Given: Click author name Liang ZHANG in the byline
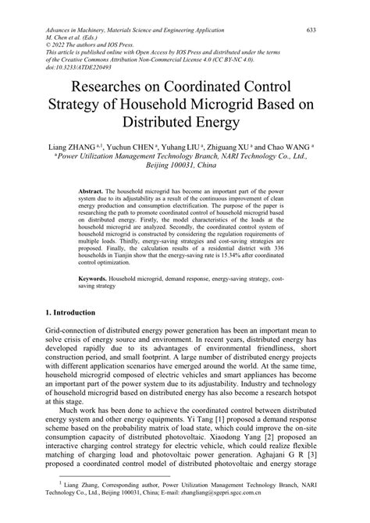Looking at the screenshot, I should (x=74, y=145).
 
